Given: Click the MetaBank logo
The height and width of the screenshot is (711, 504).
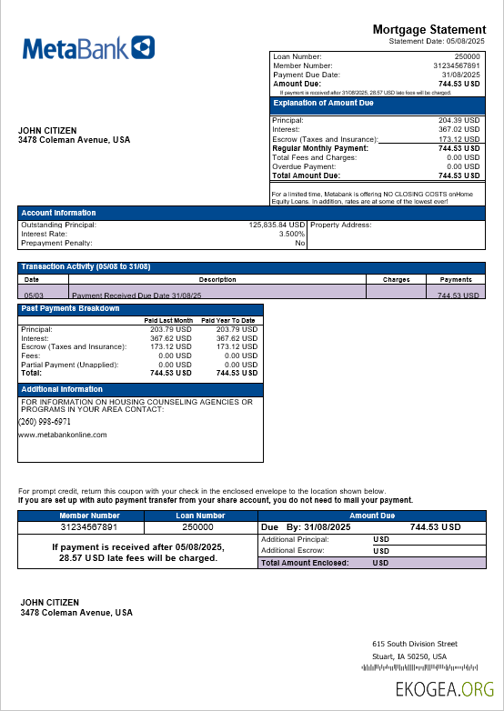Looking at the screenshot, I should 87,48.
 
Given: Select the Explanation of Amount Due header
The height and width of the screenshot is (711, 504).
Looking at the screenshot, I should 324,104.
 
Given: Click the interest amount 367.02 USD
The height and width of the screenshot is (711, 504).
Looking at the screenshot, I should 459,129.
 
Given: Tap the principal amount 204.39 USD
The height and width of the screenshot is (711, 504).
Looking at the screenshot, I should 459,120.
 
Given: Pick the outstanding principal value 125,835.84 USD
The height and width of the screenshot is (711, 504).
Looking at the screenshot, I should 277,225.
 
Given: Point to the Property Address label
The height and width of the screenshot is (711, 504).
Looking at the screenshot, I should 341,225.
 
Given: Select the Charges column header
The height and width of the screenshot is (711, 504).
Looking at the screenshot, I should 396,280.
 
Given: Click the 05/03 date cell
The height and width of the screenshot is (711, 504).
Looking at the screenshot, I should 33,295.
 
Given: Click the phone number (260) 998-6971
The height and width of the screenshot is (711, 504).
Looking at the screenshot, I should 45,422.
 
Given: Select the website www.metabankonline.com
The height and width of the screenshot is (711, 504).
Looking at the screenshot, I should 63,435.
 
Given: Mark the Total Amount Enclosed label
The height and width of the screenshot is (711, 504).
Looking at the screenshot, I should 305,563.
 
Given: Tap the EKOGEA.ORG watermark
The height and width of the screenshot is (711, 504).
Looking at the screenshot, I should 445,690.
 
